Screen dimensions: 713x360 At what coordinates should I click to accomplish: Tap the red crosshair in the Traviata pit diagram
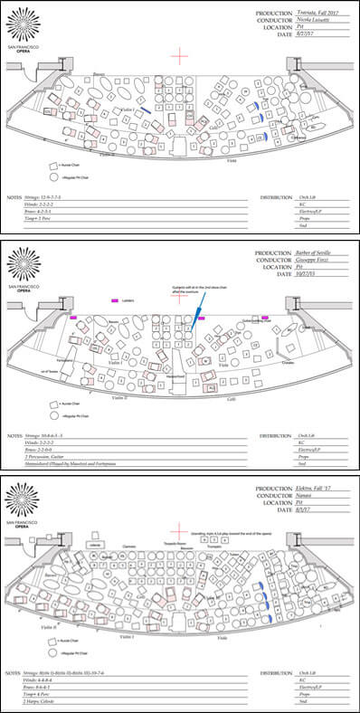pyautogui.click(x=180, y=55)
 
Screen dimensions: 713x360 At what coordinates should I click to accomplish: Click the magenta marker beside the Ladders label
pyautogui.click(x=114, y=299)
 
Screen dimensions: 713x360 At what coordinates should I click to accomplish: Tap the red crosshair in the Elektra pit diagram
pyautogui.click(x=180, y=533)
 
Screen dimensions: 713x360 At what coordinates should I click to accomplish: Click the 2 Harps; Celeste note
pyautogui.click(x=51, y=705)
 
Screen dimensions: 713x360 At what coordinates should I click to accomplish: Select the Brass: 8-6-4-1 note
pyautogui.click(x=50, y=689)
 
